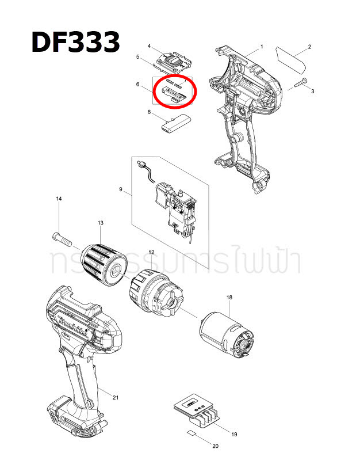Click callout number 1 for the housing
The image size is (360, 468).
262,46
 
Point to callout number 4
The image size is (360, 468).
149,45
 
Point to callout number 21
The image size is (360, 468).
116,397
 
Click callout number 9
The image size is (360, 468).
121,189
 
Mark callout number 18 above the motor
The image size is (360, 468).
229,297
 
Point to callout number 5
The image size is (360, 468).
138,56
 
